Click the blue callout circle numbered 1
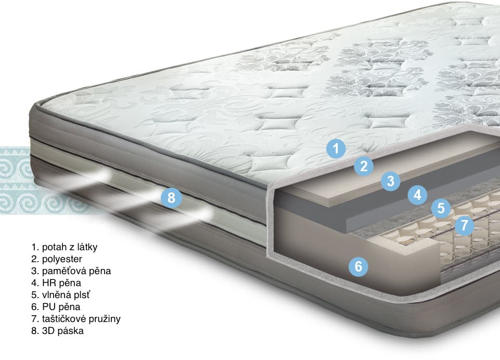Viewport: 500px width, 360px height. point(336,149)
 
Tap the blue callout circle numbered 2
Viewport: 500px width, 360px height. point(364,166)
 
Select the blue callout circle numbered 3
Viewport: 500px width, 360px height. point(391,181)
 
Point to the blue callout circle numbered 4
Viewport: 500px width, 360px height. point(418,195)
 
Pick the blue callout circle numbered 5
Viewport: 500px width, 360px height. point(441,208)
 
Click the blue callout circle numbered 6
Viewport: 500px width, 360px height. point(358,266)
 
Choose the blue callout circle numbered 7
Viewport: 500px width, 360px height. point(464,225)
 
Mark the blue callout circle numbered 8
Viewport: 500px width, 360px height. point(171,197)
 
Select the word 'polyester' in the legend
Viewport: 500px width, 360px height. point(62,259)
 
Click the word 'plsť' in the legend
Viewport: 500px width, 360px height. point(82,295)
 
